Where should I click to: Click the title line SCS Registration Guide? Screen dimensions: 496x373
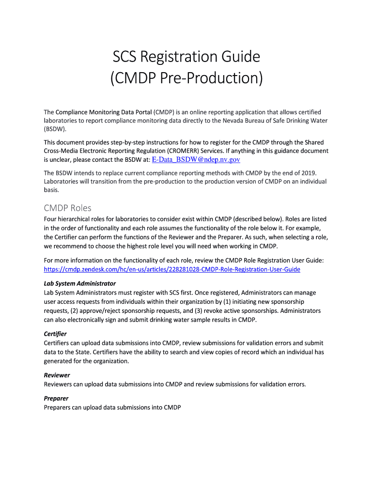[x=186, y=57]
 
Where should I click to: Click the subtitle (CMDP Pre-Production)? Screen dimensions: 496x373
[x=186, y=77]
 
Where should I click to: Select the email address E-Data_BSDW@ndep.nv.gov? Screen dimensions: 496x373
[x=196, y=159]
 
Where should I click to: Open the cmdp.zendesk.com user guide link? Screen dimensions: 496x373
[x=172, y=269]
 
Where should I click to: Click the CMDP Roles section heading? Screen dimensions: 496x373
[x=67, y=208]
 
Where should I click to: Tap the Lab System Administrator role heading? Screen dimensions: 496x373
[x=80, y=283]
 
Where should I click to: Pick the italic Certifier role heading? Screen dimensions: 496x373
[x=55, y=334]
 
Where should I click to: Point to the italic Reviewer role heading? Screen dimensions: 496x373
[x=57, y=375]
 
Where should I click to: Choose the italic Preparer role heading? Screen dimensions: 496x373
[x=56, y=398]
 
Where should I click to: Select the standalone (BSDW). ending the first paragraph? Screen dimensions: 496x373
[x=55, y=130]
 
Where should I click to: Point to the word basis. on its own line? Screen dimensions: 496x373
[x=51, y=190]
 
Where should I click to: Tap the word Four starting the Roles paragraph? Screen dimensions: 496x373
[x=51, y=219]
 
